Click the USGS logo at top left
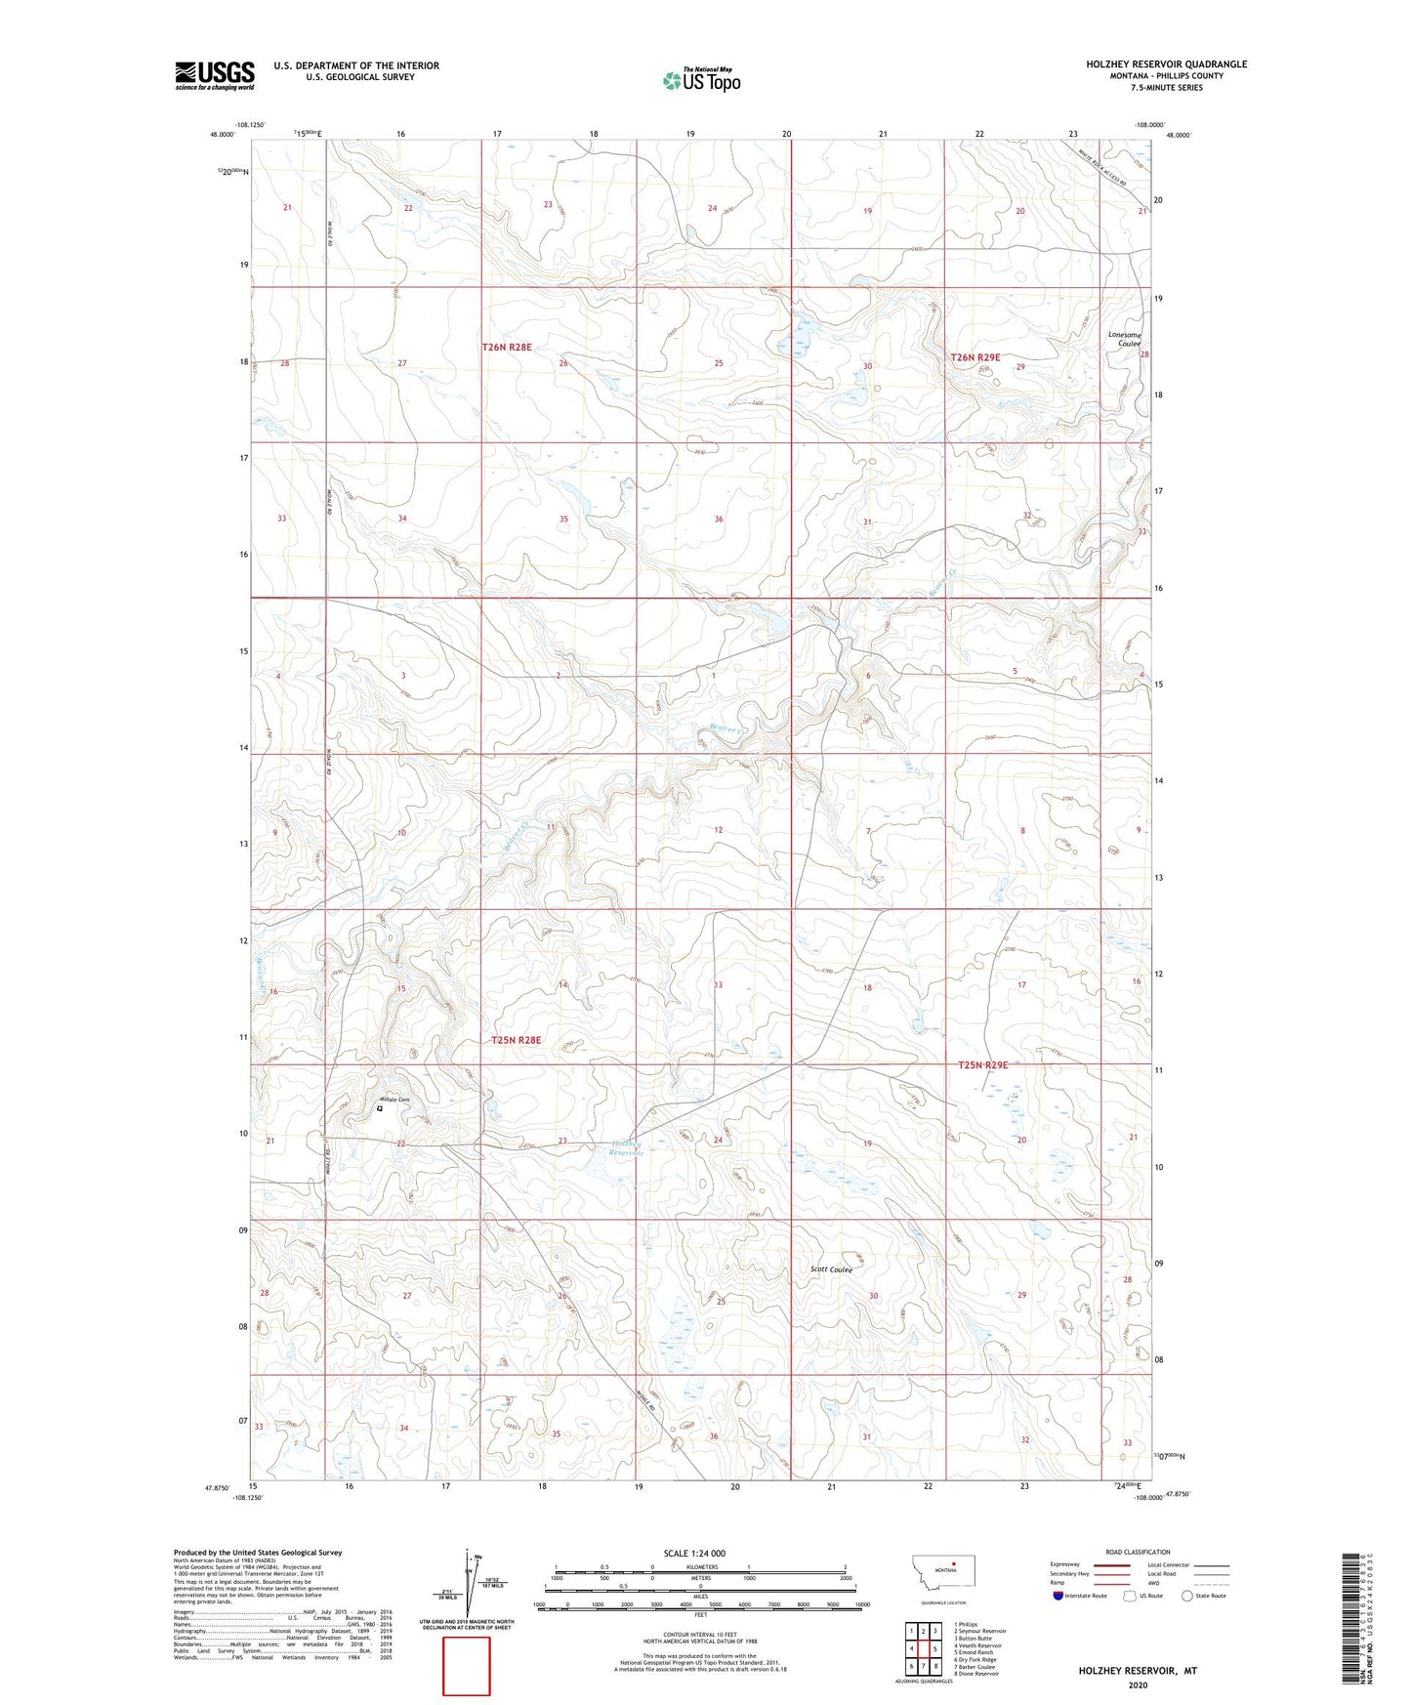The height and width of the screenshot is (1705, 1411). tap(215, 75)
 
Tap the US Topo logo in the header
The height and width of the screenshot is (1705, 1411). tap(701, 80)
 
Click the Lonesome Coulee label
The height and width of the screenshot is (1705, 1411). tap(1124, 339)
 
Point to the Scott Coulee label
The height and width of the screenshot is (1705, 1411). tap(831, 1269)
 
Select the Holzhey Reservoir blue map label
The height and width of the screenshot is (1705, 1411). tap(627, 1147)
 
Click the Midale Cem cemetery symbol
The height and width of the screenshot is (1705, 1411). tap(380, 1108)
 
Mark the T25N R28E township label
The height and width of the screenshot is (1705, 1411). tap(517, 1041)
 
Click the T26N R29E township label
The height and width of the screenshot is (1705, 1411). tap(975, 357)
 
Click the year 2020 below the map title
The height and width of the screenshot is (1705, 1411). tap(1137, 1684)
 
